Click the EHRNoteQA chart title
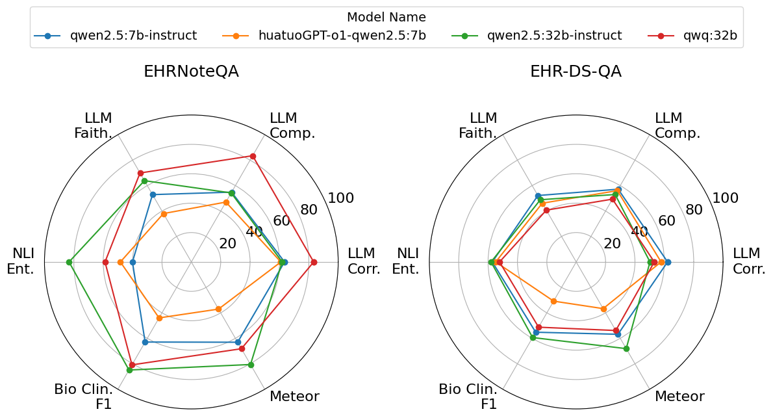pos(191,72)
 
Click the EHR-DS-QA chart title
pos(576,72)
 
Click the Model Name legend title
pos(386,18)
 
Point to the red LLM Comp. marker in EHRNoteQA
pos(253,156)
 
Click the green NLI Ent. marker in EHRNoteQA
pos(69,262)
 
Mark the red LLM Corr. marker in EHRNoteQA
pos(314,262)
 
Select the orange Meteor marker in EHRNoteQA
pos(218,309)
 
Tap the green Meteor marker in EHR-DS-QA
pos(626,349)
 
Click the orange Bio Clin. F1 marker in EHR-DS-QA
pos(553,301)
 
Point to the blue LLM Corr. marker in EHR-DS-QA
pos(668,262)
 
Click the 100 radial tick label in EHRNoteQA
pos(341,198)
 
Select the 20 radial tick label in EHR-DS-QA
pos(613,244)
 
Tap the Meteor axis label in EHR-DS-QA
pos(679,397)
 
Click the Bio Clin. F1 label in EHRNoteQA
pos(83,397)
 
